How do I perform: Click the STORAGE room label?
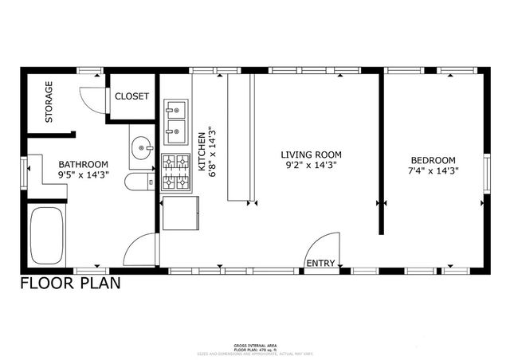[x=49, y=102]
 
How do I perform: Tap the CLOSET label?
[x=131, y=96]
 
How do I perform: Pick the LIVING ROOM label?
[x=311, y=155]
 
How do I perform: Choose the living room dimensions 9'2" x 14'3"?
[x=311, y=166]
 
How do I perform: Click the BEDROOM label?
[x=433, y=159]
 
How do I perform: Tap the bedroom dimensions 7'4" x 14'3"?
[x=433, y=170]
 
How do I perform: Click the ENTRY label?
[x=320, y=264]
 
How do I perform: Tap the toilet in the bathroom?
[x=139, y=182]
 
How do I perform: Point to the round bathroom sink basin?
[x=142, y=147]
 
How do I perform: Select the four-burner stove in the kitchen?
[x=175, y=173]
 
